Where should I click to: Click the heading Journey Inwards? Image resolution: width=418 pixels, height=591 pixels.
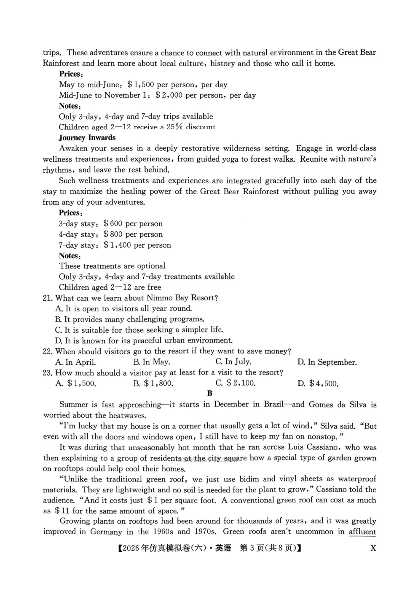pyautogui.click(x=87, y=138)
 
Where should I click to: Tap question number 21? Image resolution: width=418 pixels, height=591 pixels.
pyautogui.click(x=47, y=298)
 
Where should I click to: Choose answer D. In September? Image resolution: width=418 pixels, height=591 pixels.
pyautogui.click(x=327, y=362)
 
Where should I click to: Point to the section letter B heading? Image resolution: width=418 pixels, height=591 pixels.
pyautogui.click(x=210, y=393)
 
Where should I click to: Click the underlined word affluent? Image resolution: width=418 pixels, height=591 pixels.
pyautogui.click(x=362, y=532)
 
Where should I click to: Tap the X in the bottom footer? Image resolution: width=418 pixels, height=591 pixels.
pyautogui.click(x=372, y=548)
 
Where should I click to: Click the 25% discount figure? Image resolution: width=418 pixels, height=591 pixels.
pyautogui.click(x=174, y=127)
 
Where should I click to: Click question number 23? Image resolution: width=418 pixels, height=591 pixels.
pyautogui.click(x=47, y=373)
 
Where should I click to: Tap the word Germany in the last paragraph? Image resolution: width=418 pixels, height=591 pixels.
pyautogui.click(x=106, y=532)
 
